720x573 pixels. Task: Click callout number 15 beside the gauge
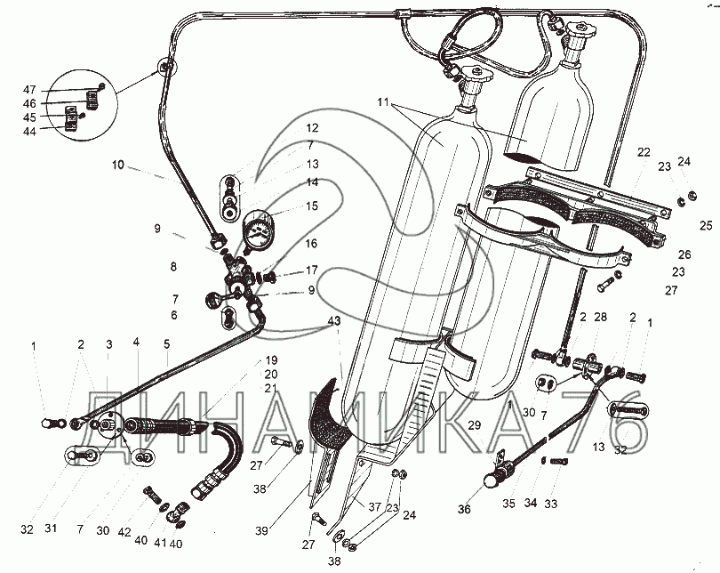(x=312, y=206)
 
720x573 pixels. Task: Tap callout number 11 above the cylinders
(x=383, y=102)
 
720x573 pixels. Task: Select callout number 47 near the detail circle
(x=29, y=90)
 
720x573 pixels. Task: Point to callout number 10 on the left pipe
(x=118, y=165)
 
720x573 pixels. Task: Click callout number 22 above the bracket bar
(x=644, y=152)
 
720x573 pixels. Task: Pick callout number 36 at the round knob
(x=464, y=509)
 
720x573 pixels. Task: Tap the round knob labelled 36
(x=492, y=481)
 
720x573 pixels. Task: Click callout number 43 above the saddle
(x=334, y=321)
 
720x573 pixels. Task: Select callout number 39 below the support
(x=261, y=530)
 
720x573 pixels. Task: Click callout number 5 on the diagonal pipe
(x=167, y=343)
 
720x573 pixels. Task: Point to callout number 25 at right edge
(x=707, y=226)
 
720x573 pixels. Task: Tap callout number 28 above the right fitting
(x=600, y=317)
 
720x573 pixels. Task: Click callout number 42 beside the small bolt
(x=124, y=532)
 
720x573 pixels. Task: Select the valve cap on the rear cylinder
(x=581, y=30)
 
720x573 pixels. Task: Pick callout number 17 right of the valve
(x=312, y=270)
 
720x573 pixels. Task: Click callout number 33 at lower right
(x=550, y=504)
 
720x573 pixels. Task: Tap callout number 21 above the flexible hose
(x=270, y=388)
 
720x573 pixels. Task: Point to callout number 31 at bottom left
(x=51, y=529)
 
